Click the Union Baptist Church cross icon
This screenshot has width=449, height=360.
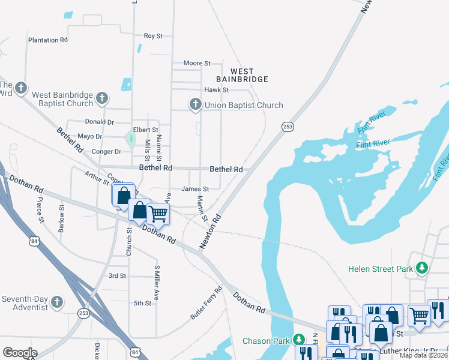[195, 105]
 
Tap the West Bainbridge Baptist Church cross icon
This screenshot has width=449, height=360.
[102, 98]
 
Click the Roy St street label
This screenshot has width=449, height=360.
[153, 36]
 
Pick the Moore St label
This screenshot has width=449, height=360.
[197, 63]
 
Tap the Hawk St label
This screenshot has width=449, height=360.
[217, 90]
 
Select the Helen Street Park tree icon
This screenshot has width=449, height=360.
[423, 268]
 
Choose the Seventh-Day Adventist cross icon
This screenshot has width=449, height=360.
[57, 301]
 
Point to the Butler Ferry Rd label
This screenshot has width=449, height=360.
[206, 301]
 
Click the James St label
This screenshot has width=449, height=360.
[195, 189]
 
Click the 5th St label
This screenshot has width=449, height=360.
[142, 303]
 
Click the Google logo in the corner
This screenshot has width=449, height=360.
[20, 352]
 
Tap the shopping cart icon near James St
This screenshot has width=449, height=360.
[158, 213]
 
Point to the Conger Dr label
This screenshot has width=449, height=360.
[106, 152]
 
